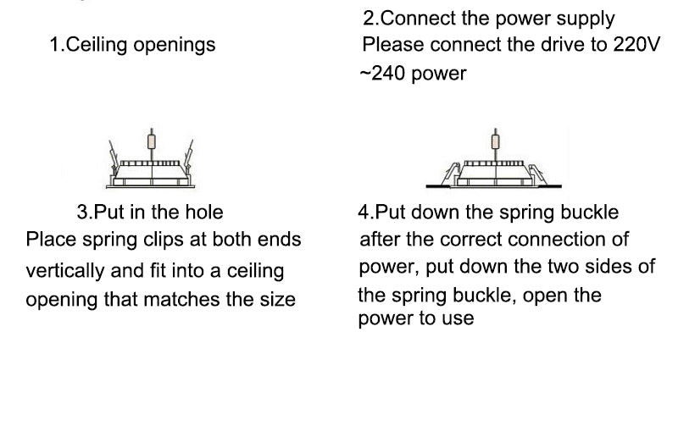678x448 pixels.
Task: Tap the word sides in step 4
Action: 610,267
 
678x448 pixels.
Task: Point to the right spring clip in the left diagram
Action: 190,155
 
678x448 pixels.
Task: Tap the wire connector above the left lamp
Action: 152,141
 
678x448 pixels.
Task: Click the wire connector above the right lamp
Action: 495,141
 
